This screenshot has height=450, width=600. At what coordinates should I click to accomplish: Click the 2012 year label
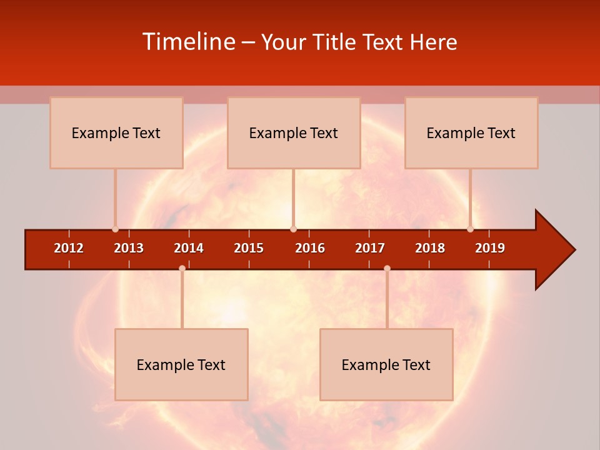coord(69,248)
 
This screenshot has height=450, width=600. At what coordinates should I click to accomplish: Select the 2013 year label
coord(129,248)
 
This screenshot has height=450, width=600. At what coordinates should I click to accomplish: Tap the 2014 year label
coord(189,248)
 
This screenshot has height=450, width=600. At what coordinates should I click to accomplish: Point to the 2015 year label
coord(249,248)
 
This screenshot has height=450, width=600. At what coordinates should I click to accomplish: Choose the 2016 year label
coord(310,248)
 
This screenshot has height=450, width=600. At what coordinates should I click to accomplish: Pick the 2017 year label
coord(370,248)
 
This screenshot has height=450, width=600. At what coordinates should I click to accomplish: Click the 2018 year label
coord(430,248)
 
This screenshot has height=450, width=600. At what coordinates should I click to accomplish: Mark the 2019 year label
coord(490,248)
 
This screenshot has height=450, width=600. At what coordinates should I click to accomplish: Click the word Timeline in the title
coord(189,42)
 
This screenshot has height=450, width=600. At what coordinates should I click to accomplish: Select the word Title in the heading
coord(337,42)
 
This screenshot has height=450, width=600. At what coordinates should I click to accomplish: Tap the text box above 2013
coord(116,132)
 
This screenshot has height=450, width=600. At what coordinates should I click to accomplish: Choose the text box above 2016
coord(294,132)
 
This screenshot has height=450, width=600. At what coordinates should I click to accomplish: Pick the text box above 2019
coord(471,132)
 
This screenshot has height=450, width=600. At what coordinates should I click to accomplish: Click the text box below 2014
coord(181,364)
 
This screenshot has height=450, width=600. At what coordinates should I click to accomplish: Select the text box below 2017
coord(386,364)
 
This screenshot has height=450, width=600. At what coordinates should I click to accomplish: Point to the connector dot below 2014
coord(182,268)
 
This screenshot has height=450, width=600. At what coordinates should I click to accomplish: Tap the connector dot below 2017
coord(387,268)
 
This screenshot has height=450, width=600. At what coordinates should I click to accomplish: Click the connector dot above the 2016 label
coord(293,229)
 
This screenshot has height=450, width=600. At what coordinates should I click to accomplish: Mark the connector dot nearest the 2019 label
coord(471,229)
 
